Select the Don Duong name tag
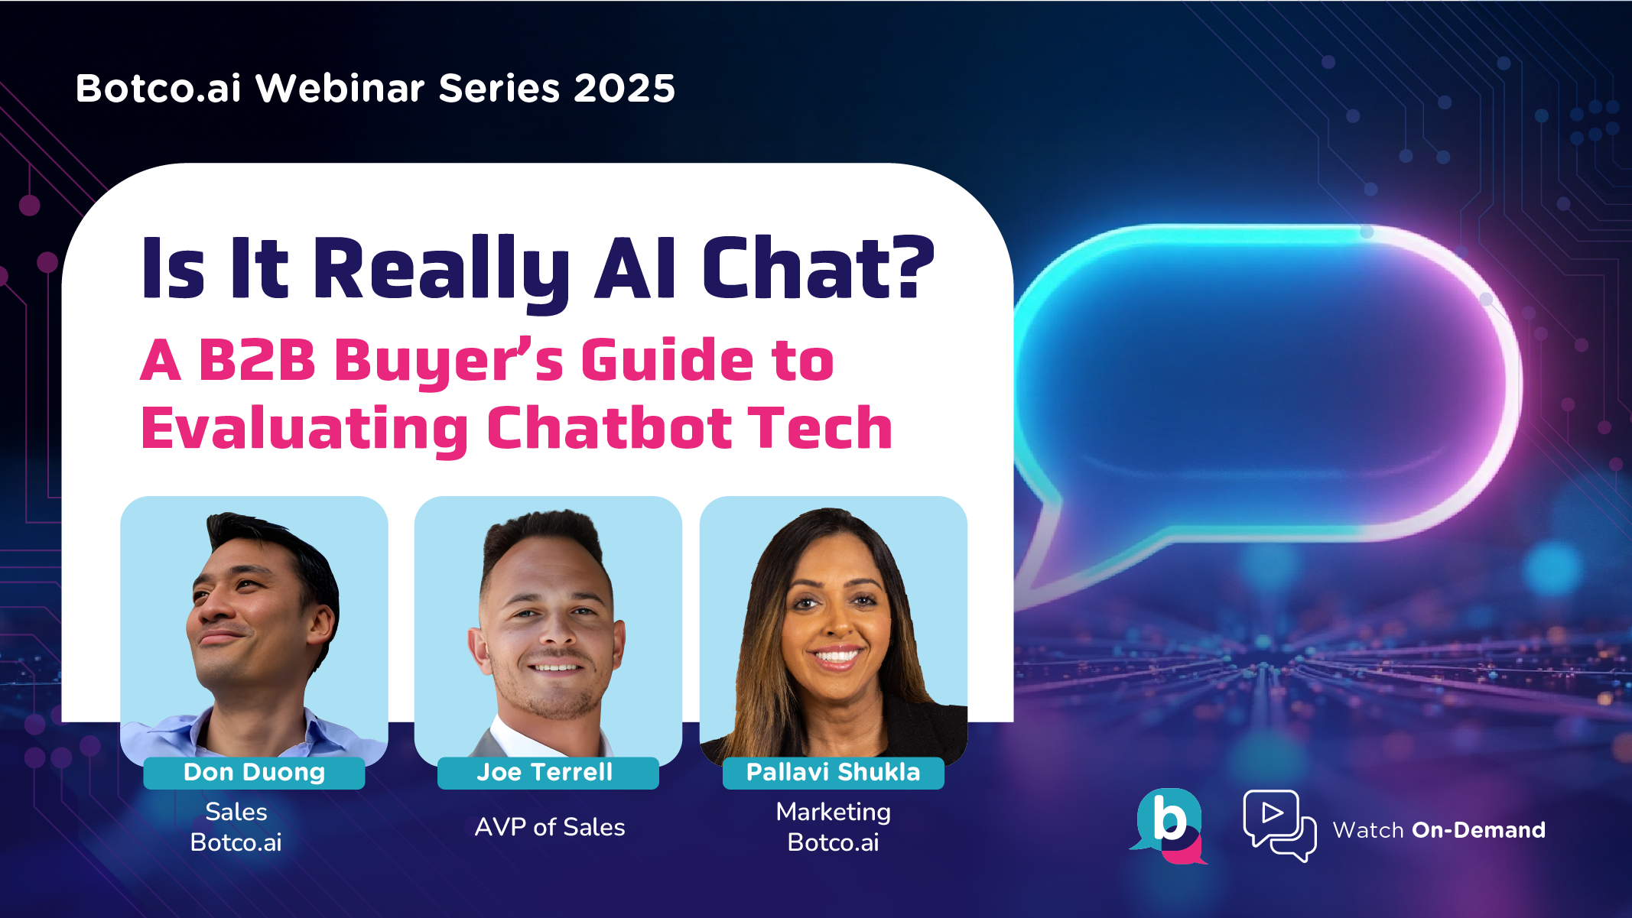point(254,773)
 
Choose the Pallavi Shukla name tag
point(833,773)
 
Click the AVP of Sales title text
point(550,827)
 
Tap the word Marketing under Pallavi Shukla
point(833,812)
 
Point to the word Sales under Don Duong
point(236,812)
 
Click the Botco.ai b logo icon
point(1169,826)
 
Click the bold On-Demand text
point(1478,830)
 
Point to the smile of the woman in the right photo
point(835,655)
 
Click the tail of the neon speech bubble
point(1044,558)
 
